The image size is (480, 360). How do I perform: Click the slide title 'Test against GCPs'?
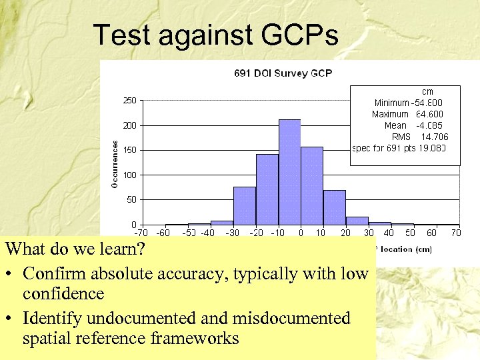coord(215,35)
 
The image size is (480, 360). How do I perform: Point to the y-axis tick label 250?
coord(129,101)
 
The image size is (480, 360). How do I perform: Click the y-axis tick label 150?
coord(129,150)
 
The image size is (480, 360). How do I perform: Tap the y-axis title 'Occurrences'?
coord(116,163)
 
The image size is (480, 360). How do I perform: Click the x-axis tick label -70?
coord(141,233)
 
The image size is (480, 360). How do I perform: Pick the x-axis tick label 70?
coord(456,233)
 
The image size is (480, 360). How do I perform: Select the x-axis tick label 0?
coord(301,233)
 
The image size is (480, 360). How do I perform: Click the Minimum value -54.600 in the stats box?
coord(427,103)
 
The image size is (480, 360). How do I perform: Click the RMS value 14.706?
coord(435,137)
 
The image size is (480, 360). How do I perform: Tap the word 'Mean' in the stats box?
coord(395,125)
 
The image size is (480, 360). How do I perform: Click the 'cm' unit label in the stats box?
coord(427,91)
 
